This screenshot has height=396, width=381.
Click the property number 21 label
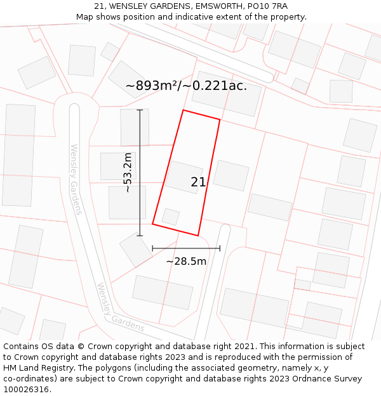[x=198, y=182]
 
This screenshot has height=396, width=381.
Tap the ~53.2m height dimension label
[x=128, y=172]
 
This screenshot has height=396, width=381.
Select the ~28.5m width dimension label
[x=186, y=261]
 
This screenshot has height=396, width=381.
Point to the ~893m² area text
[x=152, y=86]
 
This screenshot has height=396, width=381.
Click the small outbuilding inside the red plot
[x=171, y=216]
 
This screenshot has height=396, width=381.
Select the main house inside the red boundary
[x=184, y=177]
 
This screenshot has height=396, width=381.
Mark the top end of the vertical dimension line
[x=140, y=110]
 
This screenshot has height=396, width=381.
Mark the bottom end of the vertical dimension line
[x=140, y=236]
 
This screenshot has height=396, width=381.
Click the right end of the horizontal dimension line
[x=220, y=248]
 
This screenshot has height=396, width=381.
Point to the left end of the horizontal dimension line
[x=152, y=248]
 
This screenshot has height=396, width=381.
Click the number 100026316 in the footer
[x=26, y=390]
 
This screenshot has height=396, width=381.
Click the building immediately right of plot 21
[x=231, y=176]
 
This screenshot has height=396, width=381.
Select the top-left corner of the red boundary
[x=184, y=110]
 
